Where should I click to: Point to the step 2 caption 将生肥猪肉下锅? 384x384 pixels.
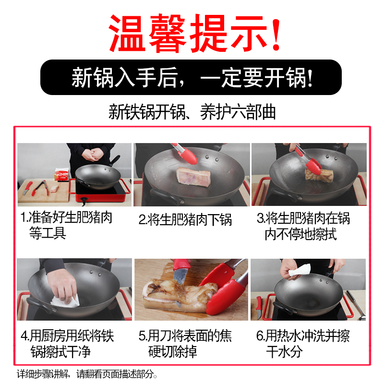pyautogui.click(x=185, y=220)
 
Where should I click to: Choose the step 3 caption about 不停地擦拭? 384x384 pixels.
pyautogui.click(x=303, y=226)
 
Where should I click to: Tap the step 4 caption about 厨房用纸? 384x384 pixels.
pyautogui.click(x=67, y=343)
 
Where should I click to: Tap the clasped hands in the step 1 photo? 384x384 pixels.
pyautogui.click(x=93, y=154)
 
